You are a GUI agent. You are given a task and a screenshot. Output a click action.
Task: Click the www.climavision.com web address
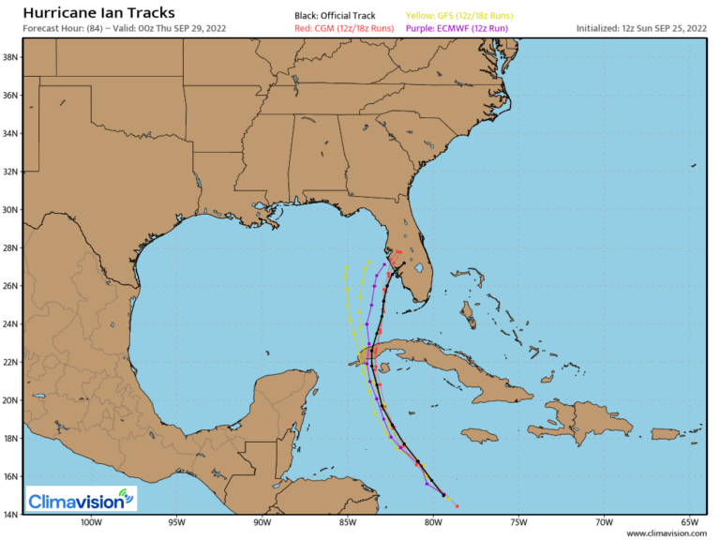pos(667,533)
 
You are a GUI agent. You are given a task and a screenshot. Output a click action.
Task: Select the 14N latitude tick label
pos(11,515)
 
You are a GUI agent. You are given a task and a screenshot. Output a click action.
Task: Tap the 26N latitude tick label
pos(11,286)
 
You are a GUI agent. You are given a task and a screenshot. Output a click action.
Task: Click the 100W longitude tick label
pos(90,523)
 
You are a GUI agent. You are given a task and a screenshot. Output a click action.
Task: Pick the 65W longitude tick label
pos(690,523)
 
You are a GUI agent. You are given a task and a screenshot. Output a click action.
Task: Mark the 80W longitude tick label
pos(433,523)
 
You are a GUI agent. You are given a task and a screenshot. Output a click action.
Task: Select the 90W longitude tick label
pos(262,523)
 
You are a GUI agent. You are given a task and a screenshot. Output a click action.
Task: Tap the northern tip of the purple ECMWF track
pos(384,264)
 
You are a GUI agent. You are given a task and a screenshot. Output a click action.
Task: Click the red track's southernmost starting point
pos(457,505)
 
